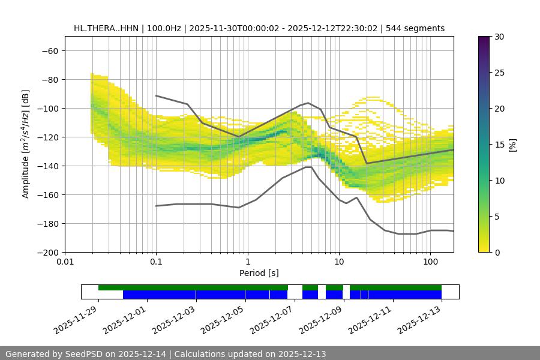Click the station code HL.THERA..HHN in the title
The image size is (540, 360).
[x=106, y=28]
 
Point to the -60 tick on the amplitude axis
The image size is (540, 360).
[x=50, y=50]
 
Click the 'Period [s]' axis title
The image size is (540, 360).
[x=259, y=273]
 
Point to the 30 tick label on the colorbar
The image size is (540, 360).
[x=499, y=37]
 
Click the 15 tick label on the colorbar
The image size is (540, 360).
[x=499, y=145]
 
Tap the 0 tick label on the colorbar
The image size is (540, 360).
[x=496, y=252]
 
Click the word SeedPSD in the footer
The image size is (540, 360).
[x=83, y=354]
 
